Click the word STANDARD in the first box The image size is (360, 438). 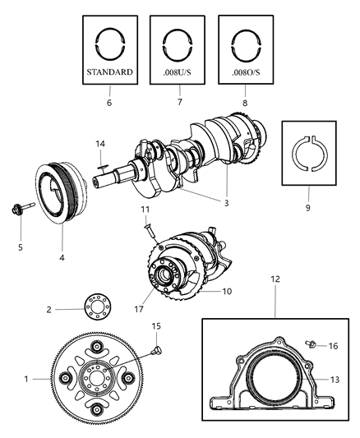click(109, 71)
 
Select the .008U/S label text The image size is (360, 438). click(177, 71)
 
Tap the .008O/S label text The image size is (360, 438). click(246, 71)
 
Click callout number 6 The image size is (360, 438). click(109, 104)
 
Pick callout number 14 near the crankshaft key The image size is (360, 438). click(99, 144)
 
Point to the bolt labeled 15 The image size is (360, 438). click(155, 351)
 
